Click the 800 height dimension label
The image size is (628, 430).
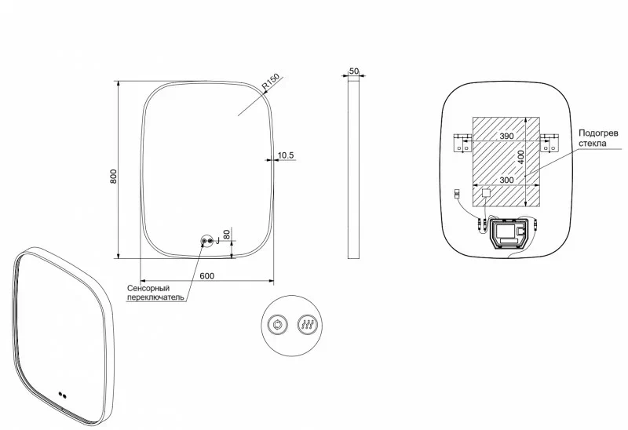coord(114,177)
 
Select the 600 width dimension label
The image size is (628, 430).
coord(207,275)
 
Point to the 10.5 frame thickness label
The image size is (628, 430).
coord(286,155)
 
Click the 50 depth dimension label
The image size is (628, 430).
coord(354,71)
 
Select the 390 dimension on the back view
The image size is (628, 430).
coord(506,137)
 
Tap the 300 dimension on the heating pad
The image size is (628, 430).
coord(506,180)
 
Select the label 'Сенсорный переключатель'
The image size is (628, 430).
coord(155,293)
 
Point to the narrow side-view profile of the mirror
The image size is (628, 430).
coord(354,169)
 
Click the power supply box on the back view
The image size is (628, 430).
coord(507,235)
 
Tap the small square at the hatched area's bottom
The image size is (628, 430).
coord(485,191)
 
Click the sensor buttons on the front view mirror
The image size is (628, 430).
coord(207,242)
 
